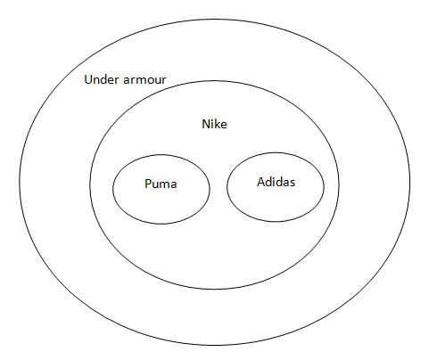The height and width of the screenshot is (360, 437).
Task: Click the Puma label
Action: click(161, 184)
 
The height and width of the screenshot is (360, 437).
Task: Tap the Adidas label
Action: click(276, 182)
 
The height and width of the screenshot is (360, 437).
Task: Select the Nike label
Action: click(214, 124)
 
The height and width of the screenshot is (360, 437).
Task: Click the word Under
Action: click(102, 79)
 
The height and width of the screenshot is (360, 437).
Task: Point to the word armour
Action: click(144, 80)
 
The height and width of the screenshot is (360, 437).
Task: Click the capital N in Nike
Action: click(206, 124)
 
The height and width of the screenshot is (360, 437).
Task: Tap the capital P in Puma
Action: click(148, 184)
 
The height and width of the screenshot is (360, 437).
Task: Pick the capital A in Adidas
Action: click(261, 182)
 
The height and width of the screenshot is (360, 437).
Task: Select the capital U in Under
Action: click(88, 79)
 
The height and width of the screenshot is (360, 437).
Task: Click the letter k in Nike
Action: click(218, 124)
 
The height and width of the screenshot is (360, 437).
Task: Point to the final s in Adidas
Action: click(293, 184)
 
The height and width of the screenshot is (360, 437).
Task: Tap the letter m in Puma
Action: click(164, 185)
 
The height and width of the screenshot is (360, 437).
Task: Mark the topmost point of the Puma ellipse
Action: click(161, 155)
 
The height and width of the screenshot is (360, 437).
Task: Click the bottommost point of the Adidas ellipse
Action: click(276, 222)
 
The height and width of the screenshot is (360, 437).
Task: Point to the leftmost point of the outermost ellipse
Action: click(20, 182)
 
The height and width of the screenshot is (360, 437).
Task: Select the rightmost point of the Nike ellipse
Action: click(339, 184)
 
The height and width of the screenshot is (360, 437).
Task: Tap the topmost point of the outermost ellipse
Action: click(215, 20)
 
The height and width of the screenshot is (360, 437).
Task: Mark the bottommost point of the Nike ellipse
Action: click(214, 289)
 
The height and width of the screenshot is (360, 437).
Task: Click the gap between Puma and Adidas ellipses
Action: click(218, 188)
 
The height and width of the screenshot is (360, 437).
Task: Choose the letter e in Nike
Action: click(224, 126)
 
